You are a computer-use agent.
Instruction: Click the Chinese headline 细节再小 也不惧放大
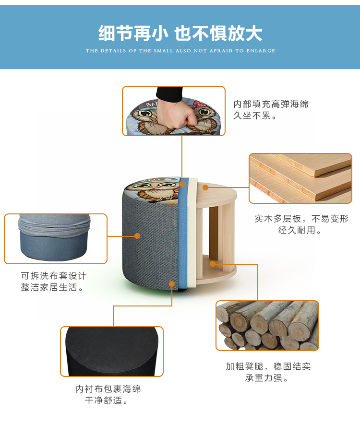180,33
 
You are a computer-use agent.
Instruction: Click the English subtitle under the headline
180,51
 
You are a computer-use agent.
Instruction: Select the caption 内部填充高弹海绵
271,104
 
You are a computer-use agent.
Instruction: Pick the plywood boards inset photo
300,178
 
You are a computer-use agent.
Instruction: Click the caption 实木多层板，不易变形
301,219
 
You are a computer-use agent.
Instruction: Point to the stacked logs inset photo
267,326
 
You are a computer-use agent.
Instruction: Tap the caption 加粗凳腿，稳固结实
268,366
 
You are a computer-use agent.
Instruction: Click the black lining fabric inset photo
112,351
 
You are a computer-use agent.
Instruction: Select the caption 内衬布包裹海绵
108,389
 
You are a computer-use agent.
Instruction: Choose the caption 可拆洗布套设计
54,276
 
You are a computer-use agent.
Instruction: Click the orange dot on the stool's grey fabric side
137,236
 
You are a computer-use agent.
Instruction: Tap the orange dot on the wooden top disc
205,187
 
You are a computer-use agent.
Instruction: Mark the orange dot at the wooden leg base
213,264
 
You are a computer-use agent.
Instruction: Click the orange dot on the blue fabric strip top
182,184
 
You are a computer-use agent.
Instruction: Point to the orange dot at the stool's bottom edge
172,284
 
